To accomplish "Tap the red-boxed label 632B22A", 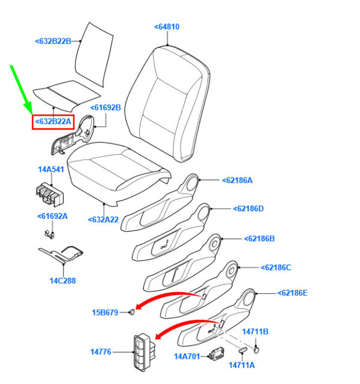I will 53,122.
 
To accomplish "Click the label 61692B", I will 106,108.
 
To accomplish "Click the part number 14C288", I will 62,280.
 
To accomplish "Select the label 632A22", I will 104,220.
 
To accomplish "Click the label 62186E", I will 291,293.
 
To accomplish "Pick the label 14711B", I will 255,331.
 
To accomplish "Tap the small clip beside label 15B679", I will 132,312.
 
